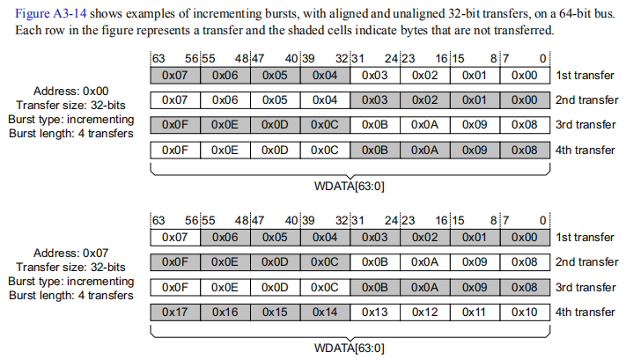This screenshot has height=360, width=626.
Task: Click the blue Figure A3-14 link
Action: click(x=51, y=13)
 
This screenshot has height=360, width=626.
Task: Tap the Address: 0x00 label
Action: click(x=71, y=91)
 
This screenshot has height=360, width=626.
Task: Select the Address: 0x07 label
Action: click(x=71, y=253)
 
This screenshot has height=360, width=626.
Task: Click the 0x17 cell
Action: click(x=175, y=312)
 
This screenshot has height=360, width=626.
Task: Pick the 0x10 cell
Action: click(x=525, y=312)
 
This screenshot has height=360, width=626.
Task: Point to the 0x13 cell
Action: click(x=375, y=312)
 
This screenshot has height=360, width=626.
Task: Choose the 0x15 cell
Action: click(x=275, y=312)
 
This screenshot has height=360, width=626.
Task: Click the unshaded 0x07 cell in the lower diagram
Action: click(x=175, y=238)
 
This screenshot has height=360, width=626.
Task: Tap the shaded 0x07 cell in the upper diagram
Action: click(x=175, y=76)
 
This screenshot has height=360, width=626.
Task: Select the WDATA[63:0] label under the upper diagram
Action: click(x=350, y=187)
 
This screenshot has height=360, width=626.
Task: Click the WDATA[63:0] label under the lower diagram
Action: click(x=350, y=348)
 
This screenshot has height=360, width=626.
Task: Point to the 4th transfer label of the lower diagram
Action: click(x=585, y=312)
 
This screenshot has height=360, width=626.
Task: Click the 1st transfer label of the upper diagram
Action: click(x=585, y=76)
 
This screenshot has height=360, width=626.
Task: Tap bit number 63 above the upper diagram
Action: click(x=158, y=59)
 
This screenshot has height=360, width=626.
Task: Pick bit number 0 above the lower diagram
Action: click(x=543, y=220)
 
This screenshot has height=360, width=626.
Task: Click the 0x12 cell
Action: click(x=424, y=312)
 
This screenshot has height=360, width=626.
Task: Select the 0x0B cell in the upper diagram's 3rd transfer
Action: click(x=375, y=125)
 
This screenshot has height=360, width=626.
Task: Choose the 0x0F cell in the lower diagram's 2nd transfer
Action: click(x=175, y=262)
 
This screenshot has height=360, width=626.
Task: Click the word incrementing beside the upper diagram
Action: click(x=100, y=120)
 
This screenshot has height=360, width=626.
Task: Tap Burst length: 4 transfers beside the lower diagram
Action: click(x=71, y=296)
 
